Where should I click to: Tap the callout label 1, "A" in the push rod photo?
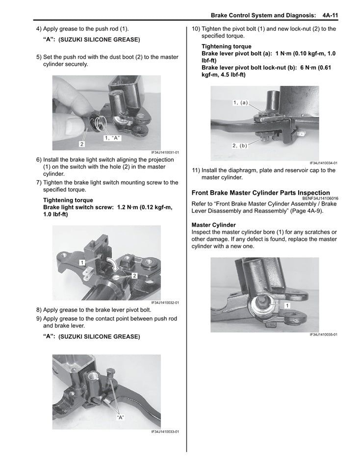pos(112,138)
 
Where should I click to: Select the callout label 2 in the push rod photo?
pos(81,144)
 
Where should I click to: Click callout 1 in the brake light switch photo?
pos(82,262)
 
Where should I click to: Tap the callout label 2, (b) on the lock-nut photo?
pos(240,146)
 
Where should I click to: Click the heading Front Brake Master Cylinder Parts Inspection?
pos(260,193)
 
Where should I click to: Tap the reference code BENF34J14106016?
pos(316,198)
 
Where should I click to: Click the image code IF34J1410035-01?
pos(323,335)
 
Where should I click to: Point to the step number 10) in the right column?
pos(195,29)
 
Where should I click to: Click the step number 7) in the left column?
pos(39,182)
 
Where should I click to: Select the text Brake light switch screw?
pos(78,207)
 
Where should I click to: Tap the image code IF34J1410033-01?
pos(165,432)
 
